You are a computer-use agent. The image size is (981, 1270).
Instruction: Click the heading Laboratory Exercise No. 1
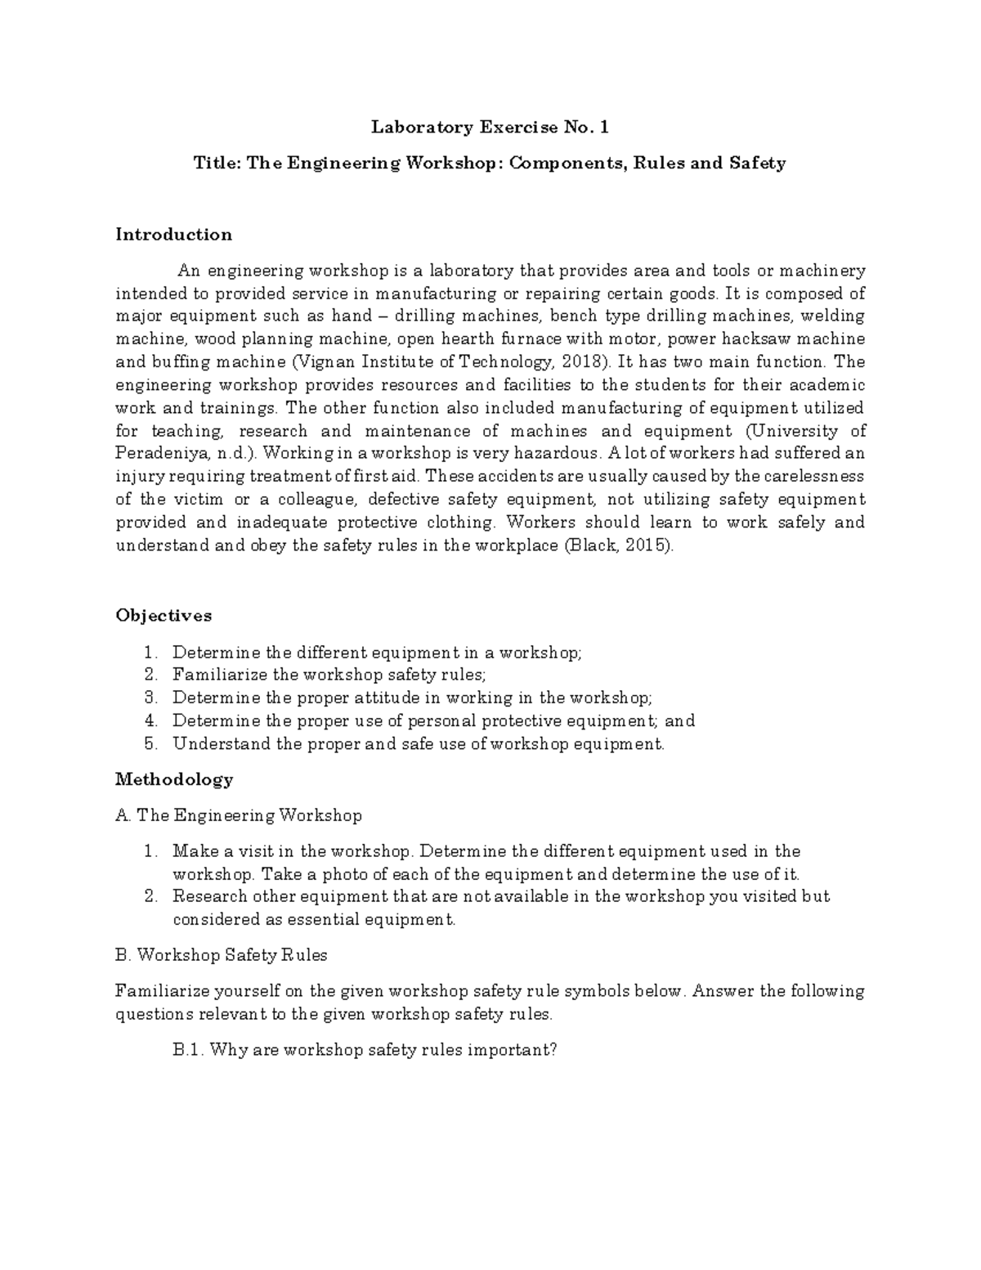pyautogui.click(x=490, y=128)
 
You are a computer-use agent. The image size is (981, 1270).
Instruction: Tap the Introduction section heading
pyautogui.click(x=173, y=235)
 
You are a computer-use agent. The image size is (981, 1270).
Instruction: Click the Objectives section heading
pyautogui.click(x=163, y=615)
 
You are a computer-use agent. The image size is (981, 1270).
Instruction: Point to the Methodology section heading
pyautogui.click(x=174, y=779)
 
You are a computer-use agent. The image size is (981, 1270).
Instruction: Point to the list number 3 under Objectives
pyautogui.click(x=150, y=698)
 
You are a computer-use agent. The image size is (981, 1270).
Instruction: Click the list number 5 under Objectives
pyautogui.click(x=150, y=744)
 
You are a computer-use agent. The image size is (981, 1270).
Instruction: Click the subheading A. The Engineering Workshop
pyautogui.click(x=238, y=815)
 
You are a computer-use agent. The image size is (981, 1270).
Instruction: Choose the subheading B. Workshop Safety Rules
pyautogui.click(x=222, y=954)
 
